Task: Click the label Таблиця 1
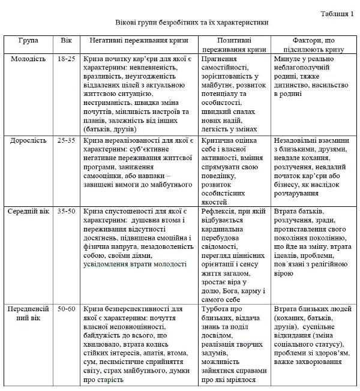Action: (x=337, y=13)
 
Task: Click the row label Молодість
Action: (x=28, y=59)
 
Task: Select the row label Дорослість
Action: (x=28, y=140)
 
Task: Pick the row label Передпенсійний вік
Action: (x=28, y=314)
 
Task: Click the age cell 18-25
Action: (x=66, y=59)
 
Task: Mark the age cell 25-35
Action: (x=66, y=140)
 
